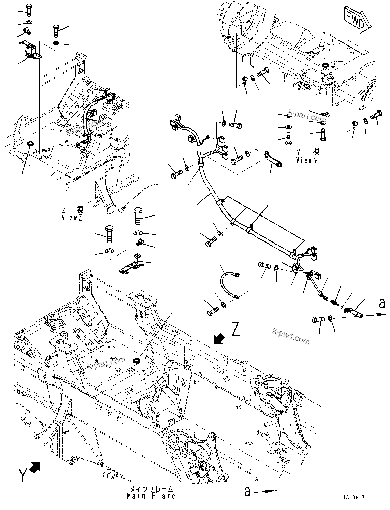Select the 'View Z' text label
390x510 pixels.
click(72, 218)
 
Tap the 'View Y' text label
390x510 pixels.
click(307, 160)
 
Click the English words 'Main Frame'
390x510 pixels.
click(151, 496)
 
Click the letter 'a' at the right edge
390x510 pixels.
click(382, 303)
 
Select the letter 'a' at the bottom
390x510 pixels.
click(247, 492)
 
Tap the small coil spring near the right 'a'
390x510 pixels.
click(335, 302)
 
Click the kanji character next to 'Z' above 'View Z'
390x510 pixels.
click(80, 209)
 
